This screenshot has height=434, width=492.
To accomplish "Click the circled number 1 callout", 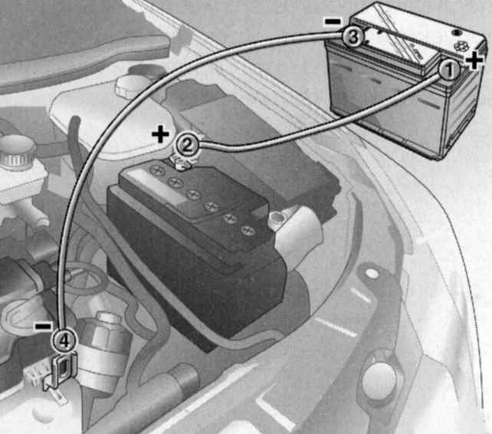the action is [449, 70].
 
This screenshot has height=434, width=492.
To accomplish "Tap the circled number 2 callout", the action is [187, 146].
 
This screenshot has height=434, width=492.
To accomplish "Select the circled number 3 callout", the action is [353, 38].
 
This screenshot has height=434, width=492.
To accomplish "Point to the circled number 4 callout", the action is [64, 340].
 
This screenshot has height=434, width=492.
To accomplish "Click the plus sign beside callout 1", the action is [474, 60].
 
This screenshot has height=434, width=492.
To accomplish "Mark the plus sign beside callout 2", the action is [160, 134].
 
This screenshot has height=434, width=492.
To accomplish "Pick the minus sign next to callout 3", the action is [333, 21].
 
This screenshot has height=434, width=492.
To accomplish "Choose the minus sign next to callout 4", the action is [44, 327].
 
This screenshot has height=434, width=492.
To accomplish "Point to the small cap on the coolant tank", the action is [129, 84].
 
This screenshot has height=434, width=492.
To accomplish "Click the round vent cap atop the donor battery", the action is [457, 33].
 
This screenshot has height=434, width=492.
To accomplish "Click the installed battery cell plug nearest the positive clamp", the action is [158, 170].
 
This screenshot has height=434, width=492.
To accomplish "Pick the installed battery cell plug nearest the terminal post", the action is [248, 231].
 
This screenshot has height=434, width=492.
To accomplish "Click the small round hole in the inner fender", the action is [372, 274].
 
